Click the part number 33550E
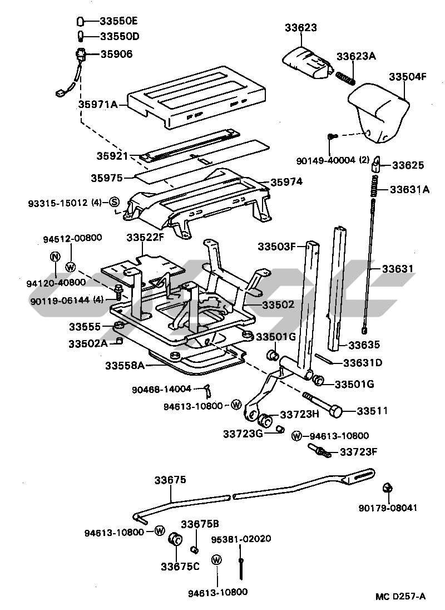click(118, 21)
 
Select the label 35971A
click(98, 104)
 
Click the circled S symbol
click(115, 201)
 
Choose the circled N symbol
click(55, 257)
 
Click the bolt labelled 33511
click(323, 404)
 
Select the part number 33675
click(170, 480)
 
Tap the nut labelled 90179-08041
click(387, 488)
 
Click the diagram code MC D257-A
click(400, 596)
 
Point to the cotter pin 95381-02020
click(241, 568)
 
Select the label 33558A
click(125, 366)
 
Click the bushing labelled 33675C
click(175, 539)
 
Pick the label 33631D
click(363, 362)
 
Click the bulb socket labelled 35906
click(80, 55)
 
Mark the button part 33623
click(308, 63)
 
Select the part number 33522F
click(145, 237)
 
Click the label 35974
click(286, 181)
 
